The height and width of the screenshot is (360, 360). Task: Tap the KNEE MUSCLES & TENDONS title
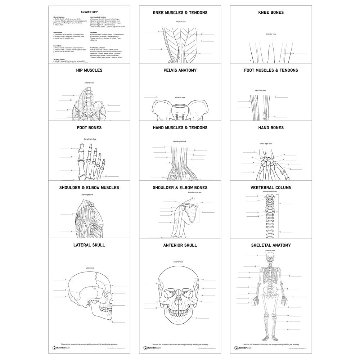pyautogui.click(x=180, y=13)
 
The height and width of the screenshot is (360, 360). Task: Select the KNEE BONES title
pyautogui.click(x=271, y=13)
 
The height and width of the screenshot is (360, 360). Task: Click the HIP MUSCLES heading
pyautogui.click(x=89, y=70)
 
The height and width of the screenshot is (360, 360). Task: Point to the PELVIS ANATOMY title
pyautogui.click(x=180, y=70)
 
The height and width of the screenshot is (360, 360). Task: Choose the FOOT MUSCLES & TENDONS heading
pyautogui.click(x=271, y=70)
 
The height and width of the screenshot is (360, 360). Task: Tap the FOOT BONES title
pyautogui.click(x=89, y=127)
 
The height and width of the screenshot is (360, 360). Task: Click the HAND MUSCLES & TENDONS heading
pyautogui.click(x=180, y=127)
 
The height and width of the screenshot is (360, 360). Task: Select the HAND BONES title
pyautogui.click(x=271, y=127)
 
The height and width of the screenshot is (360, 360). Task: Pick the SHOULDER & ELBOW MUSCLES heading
pyautogui.click(x=89, y=188)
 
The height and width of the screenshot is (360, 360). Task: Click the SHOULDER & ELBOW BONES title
pyautogui.click(x=180, y=188)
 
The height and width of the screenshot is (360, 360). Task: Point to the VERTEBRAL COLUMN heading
pyautogui.click(x=271, y=188)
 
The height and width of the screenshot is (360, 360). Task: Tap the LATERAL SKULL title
pyautogui.click(x=89, y=245)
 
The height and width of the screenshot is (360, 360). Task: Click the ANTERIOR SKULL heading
pyautogui.click(x=180, y=245)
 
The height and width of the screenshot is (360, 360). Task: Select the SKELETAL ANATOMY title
pyautogui.click(x=271, y=245)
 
